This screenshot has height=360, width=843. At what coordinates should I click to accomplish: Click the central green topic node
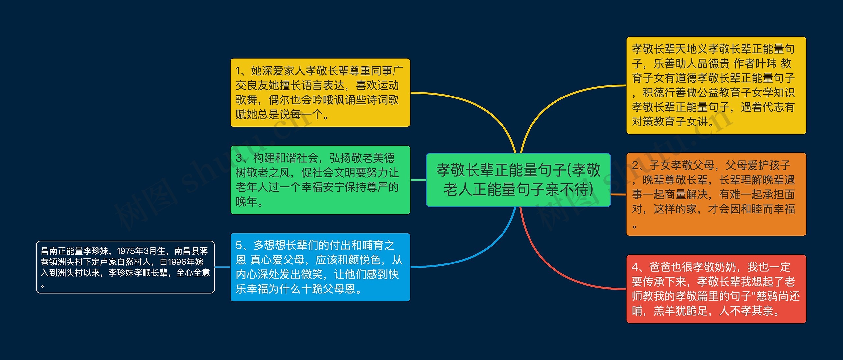[518, 180]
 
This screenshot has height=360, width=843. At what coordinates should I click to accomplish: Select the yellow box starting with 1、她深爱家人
[320, 93]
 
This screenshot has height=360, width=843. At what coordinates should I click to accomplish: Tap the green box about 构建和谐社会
[320, 180]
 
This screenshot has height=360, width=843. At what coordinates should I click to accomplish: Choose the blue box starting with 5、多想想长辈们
[320, 267]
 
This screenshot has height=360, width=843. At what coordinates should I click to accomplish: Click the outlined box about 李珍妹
[125, 267]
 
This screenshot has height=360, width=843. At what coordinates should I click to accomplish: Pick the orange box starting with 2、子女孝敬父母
[716, 194]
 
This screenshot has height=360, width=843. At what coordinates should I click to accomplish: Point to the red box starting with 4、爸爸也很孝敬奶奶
[716, 289]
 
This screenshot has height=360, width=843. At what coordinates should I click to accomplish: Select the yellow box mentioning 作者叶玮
[716, 85]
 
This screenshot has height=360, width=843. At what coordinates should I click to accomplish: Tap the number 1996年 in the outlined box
[181, 262]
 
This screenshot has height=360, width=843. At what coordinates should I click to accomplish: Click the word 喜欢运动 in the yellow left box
[377, 86]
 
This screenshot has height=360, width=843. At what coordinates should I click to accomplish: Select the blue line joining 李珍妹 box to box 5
[222, 267]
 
